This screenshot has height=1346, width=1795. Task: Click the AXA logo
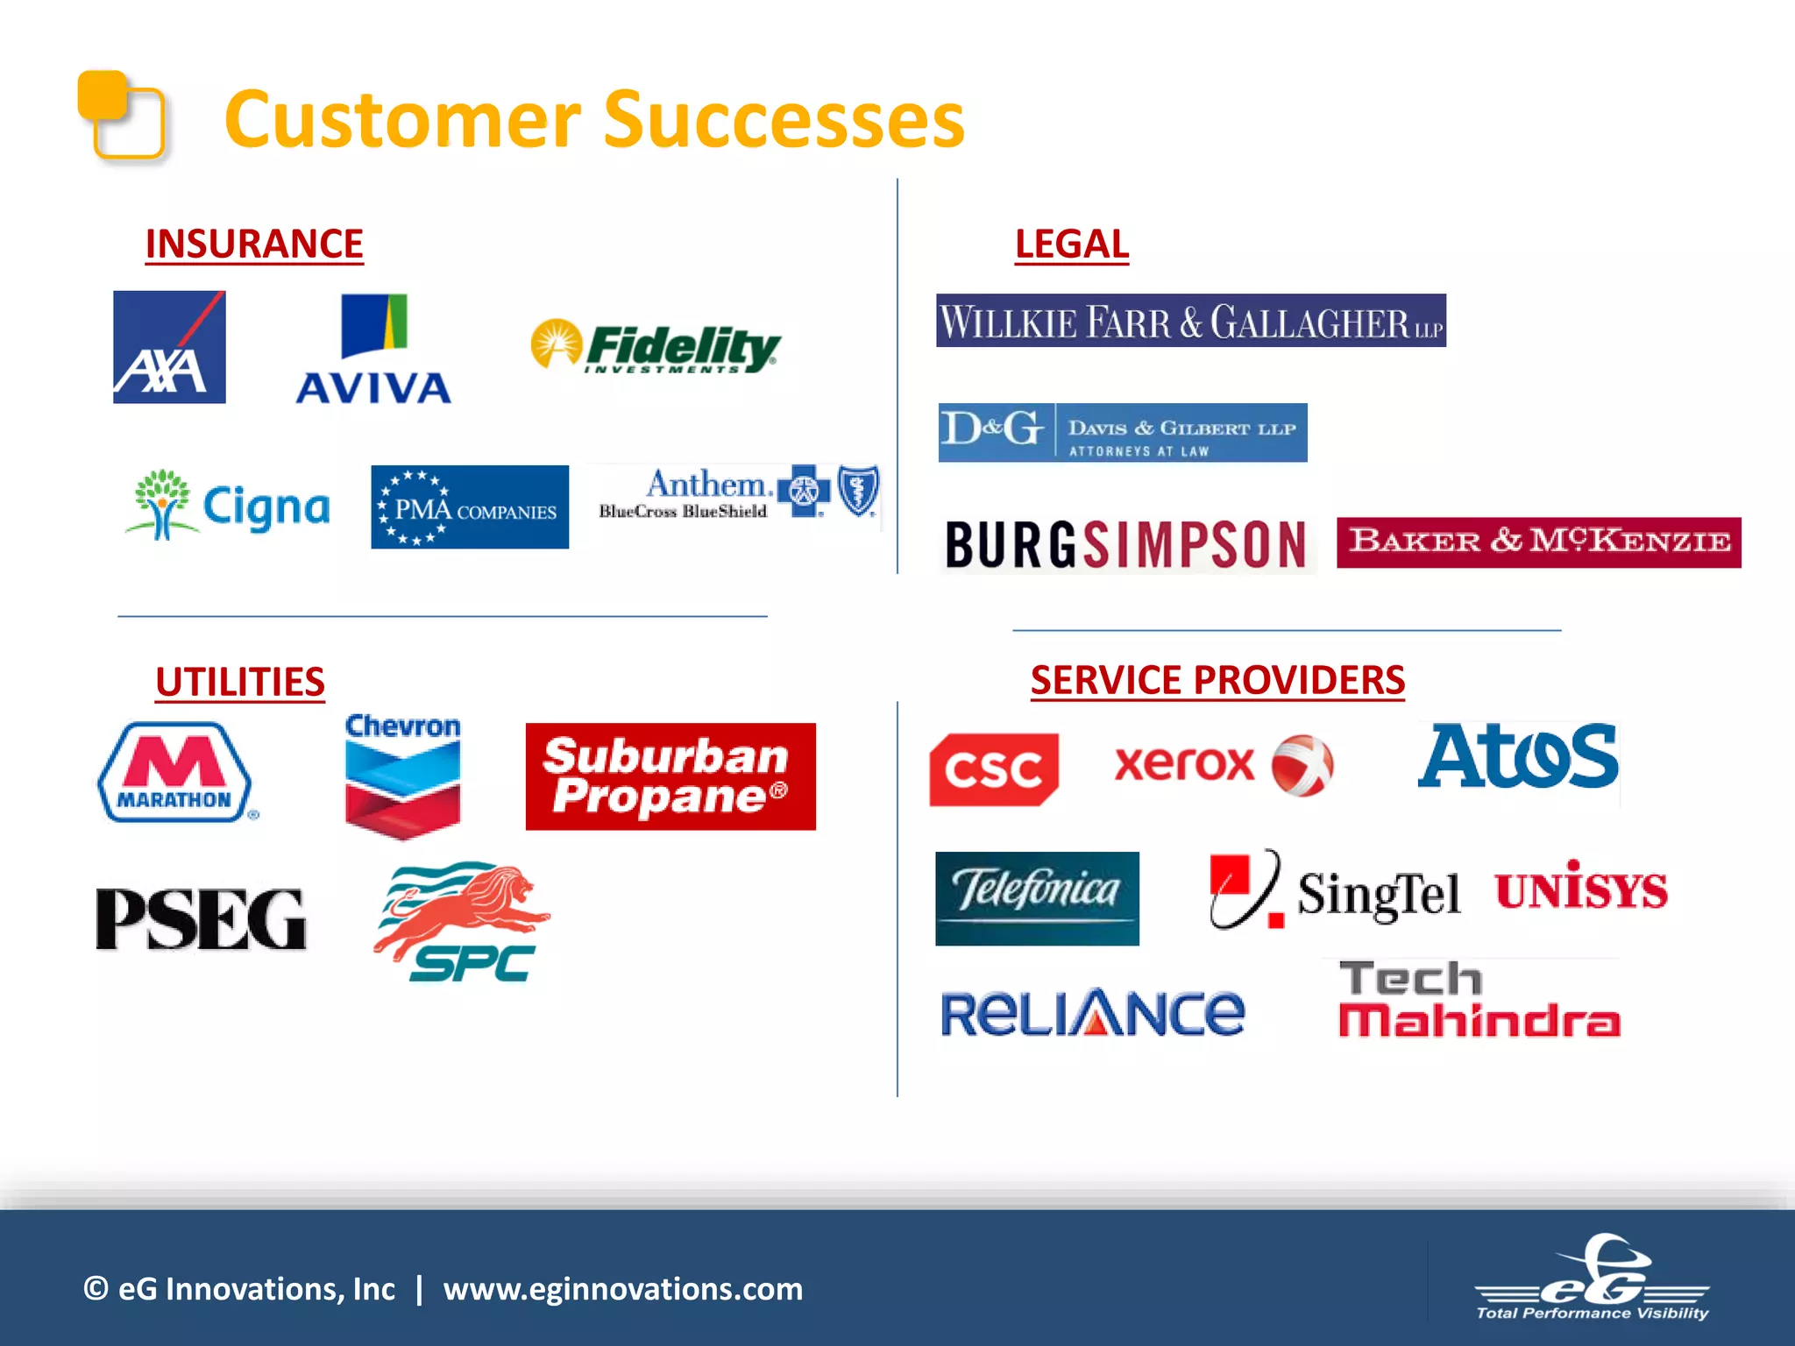coord(169,347)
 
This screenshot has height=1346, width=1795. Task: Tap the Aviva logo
coord(373,351)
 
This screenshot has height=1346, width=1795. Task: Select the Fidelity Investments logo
coord(656,346)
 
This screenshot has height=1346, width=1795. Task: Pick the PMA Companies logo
coord(470,507)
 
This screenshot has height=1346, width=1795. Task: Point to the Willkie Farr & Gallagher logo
coord(1190,321)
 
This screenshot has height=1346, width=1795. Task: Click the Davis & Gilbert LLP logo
coord(1122,433)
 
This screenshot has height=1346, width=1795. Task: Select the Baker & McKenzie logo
coord(1538,542)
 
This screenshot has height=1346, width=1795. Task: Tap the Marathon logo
coord(175,772)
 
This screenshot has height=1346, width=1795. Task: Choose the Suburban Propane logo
coord(670,776)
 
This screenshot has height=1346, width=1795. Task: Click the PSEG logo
coord(201,918)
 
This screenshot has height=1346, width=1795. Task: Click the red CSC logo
coord(994,769)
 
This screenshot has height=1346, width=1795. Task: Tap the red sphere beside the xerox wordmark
coord(1302,765)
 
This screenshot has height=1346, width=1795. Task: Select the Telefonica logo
coord(1037,898)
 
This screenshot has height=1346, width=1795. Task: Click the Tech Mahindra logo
coord(1479,1000)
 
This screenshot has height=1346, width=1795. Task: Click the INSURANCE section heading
coord(254,244)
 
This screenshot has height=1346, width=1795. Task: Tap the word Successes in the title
coord(784,120)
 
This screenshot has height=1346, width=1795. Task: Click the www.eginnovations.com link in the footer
coord(622,1289)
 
